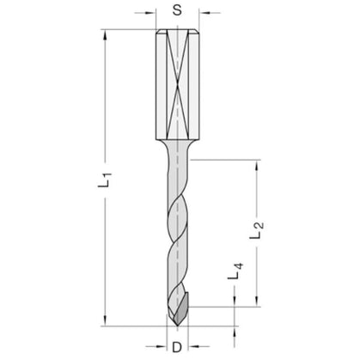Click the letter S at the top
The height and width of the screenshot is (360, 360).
pyautogui.click(x=178, y=10)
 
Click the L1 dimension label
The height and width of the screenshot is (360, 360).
pyautogui.click(x=105, y=180)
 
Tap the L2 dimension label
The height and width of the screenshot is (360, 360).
pyautogui.click(x=257, y=230)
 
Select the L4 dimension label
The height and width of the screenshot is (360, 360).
pyautogui.click(x=235, y=271)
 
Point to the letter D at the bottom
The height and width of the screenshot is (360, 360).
pyautogui.click(x=177, y=347)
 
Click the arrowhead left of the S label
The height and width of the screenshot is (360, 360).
pyautogui.click(x=150, y=13)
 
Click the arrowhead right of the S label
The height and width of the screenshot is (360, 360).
pyautogui.click(x=204, y=13)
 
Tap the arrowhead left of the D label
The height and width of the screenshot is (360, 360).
pyautogui.click(x=162, y=347)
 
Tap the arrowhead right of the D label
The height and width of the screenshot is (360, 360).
pyautogui.click(x=193, y=347)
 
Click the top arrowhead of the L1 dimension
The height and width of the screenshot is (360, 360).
pyautogui.click(x=105, y=34)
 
